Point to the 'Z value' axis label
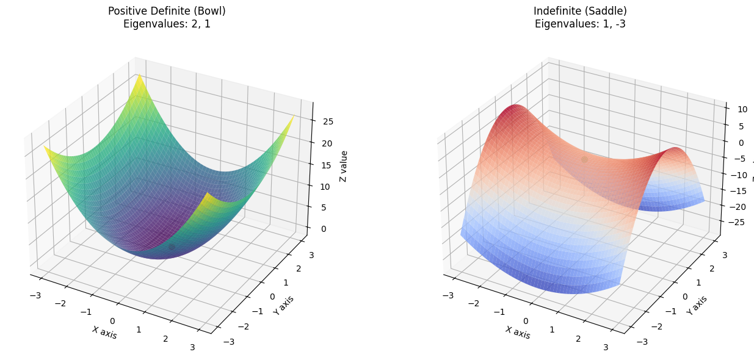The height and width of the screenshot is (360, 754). coord(344,167)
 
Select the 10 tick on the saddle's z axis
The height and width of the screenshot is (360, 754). coord(734,109)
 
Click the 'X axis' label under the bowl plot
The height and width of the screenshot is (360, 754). coord(104,332)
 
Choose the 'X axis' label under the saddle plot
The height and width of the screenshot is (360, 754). coord(517,332)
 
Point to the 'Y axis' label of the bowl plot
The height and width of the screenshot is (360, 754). coord(283,304)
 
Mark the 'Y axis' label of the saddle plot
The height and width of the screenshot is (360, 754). coord(697,304)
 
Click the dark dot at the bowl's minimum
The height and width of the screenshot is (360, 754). coord(172,247)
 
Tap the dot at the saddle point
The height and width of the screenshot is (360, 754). coord(584,159)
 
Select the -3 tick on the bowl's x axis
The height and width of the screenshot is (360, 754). coord(35,296)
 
